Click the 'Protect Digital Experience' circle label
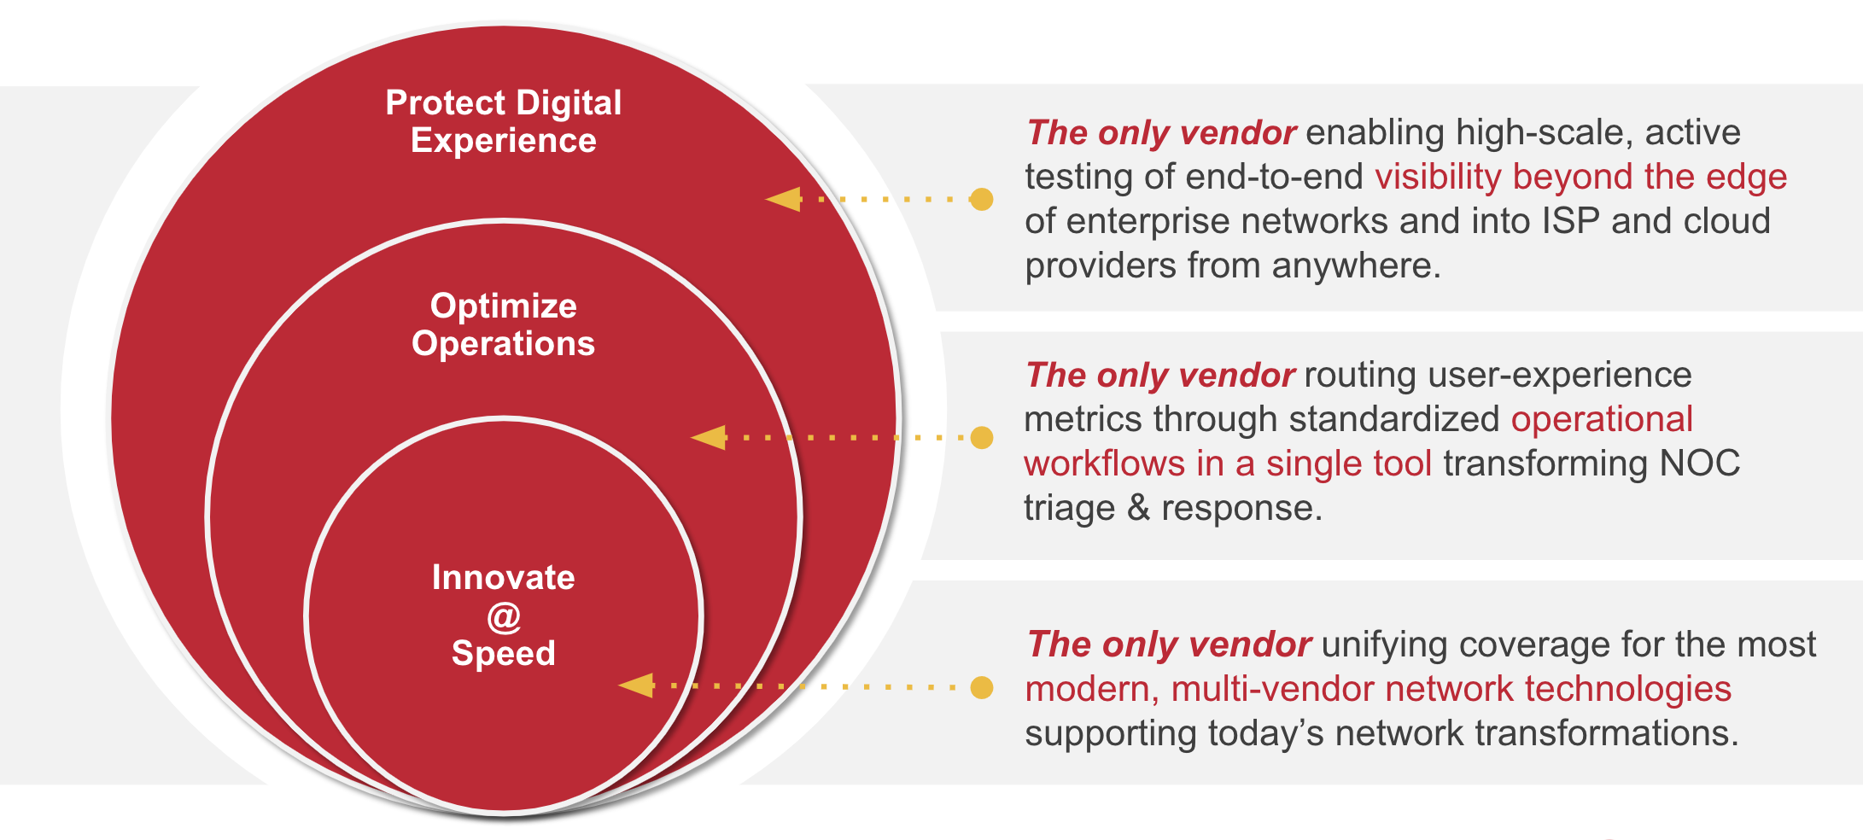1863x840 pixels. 504,121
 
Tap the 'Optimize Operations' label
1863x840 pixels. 504,324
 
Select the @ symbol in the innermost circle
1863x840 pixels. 504,616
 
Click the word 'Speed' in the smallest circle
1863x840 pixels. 504,653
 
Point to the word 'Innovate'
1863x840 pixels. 504,578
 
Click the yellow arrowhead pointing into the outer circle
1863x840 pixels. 784,200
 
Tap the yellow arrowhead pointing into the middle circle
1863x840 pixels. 709,438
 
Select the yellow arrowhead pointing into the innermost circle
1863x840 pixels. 637,685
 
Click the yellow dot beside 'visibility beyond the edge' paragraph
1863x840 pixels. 982,200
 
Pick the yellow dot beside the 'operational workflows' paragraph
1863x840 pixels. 982,438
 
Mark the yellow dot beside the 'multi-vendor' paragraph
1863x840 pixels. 982,687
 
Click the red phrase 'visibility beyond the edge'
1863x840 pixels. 1580,177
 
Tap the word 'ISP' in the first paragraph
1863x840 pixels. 1570,221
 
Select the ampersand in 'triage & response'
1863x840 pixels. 1138,508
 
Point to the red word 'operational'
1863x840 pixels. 1602,419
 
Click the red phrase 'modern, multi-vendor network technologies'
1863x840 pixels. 1378,689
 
